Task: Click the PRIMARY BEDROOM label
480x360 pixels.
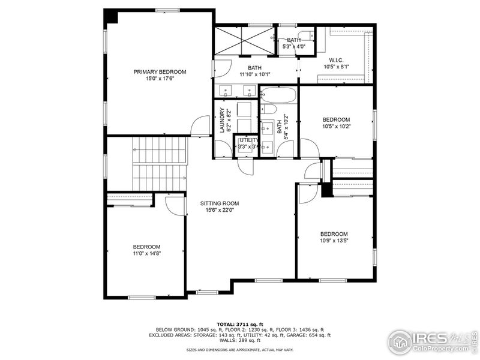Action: pyautogui.click(x=160, y=72)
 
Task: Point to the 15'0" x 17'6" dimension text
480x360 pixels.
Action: pyautogui.click(x=160, y=79)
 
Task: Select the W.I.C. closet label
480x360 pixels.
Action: pyautogui.click(x=335, y=60)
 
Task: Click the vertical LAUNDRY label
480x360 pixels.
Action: pyautogui.click(x=222, y=120)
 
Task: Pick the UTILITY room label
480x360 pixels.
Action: pyautogui.click(x=248, y=140)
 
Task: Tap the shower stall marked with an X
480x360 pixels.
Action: pyautogui.click(x=245, y=41)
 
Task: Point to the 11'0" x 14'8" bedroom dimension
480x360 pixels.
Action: pyautogui.click(x=146, y=254)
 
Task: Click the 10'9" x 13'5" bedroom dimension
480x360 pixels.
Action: pyautogui.click(x=334, y=241)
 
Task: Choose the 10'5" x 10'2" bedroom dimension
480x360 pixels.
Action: pyautogui.click(x=336, y=127)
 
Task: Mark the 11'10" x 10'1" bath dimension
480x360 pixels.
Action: pyautogui.click(x=255, y=75)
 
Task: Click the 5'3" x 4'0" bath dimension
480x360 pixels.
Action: pyautogui.click(x=294, y=46)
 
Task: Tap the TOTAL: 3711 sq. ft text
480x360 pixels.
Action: pyautogui.click(x=239, y=324)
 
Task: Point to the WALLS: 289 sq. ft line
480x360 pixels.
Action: pyautogui.click(x=239, y=341)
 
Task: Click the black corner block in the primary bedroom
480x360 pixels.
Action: pyautogui.click(x=111, y=16)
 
